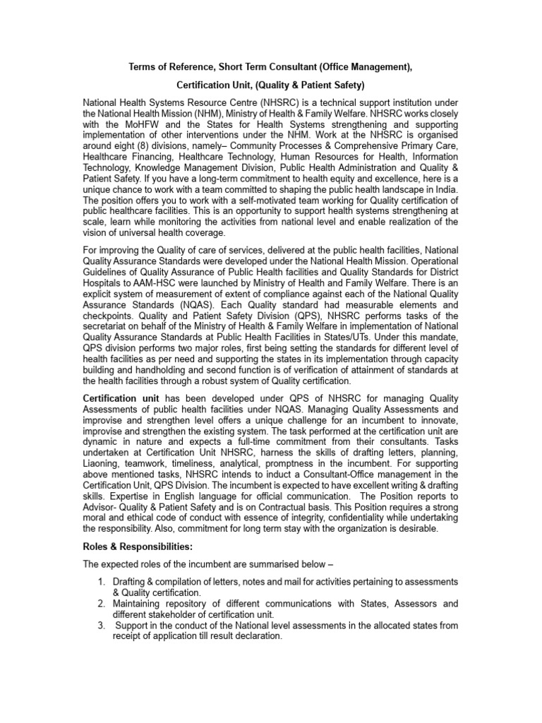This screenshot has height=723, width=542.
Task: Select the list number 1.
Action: [x=101, y=581]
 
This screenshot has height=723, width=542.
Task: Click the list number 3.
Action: [x=101, y=626]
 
